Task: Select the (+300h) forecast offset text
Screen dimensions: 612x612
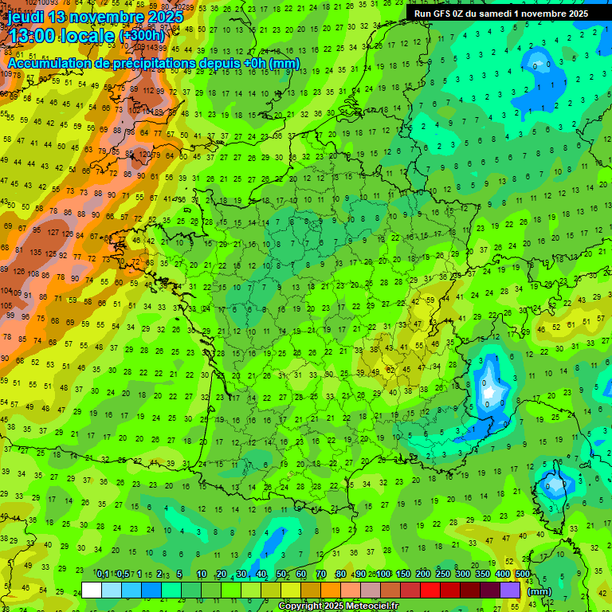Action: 141,36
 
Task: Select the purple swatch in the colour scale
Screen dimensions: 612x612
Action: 511,590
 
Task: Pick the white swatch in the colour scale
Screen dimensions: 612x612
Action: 92,590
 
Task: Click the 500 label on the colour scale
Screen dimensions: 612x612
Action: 523,574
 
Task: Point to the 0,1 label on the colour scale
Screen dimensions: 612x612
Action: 103,574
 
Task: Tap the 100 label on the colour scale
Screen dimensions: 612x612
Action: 383,574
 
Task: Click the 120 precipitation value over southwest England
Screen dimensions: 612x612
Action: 145,154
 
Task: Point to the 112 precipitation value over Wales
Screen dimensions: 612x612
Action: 148,90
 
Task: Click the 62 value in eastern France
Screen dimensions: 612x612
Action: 390,370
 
